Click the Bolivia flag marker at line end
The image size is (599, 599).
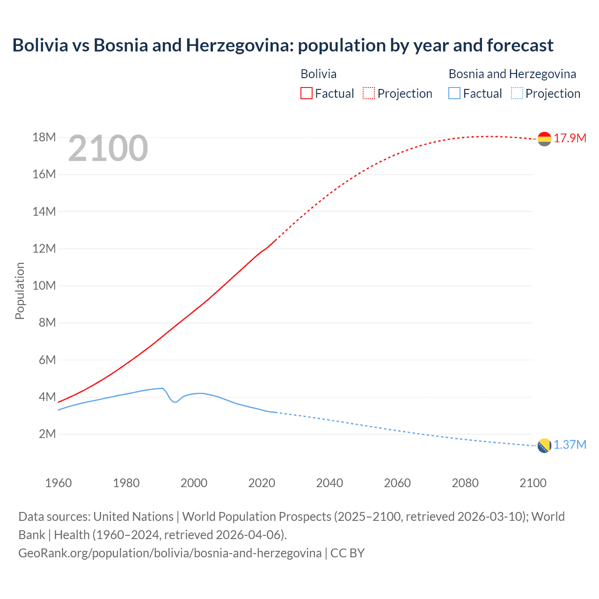(544, 139)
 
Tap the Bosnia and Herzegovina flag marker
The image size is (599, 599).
(544, 446)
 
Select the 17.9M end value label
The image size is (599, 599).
(570, 138)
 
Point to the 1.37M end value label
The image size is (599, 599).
(570, 445)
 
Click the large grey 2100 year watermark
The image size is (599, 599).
(108, 148)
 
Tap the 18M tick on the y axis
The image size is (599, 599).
(44, 137)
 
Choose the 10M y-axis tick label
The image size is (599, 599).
(44, 285)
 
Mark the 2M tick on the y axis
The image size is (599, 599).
(47, 434)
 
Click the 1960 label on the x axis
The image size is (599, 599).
(58, 483)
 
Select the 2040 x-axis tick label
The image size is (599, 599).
(329, 483)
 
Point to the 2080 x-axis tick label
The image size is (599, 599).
(465, 483)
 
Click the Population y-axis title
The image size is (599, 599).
(20, 291)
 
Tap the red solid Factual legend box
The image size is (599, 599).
(307, 94)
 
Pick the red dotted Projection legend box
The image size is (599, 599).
(369, 94)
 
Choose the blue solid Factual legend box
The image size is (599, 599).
(454, 94)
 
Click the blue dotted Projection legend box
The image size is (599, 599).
(517, 94)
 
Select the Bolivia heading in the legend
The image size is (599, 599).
(318, 74)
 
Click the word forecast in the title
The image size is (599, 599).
(520, 45)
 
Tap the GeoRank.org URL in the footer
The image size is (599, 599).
(170, 553)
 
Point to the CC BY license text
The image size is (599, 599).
(347, 553)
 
